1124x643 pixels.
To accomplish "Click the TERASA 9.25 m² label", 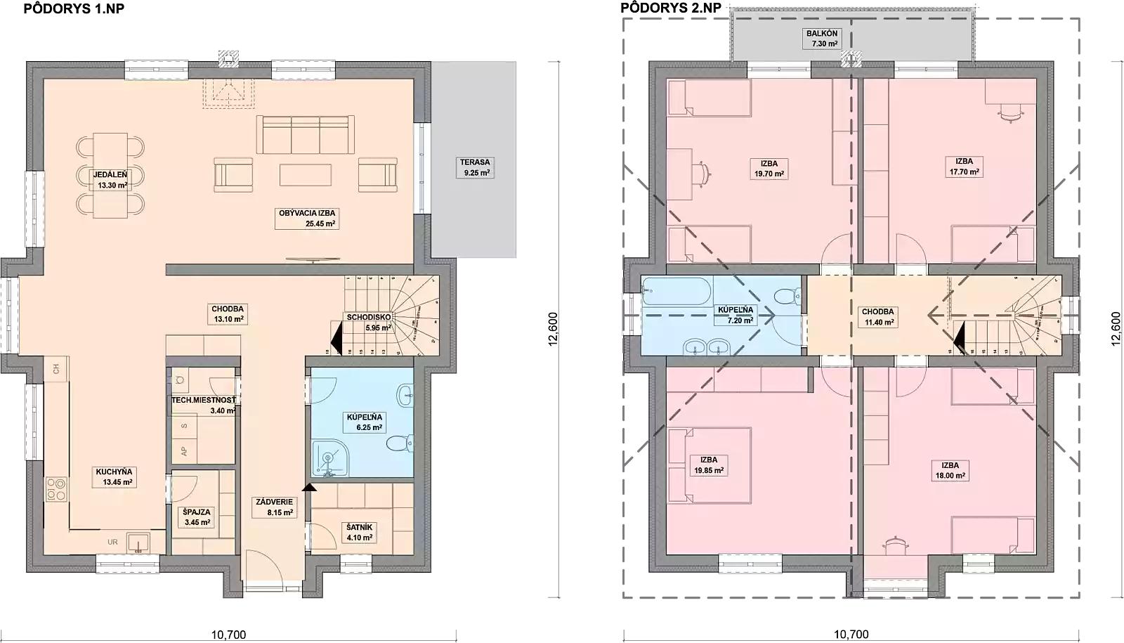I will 475,167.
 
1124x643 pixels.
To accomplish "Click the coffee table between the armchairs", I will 305,175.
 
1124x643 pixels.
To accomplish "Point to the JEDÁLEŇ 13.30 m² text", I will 111,180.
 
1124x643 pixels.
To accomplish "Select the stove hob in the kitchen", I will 56,489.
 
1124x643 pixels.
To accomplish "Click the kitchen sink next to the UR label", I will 138,543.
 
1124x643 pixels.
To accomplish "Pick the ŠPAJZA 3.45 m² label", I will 196,517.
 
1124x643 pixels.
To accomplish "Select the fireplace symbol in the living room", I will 227,91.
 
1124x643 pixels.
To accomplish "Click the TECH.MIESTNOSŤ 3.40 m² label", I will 204,405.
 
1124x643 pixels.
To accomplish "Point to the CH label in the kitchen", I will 55,368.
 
